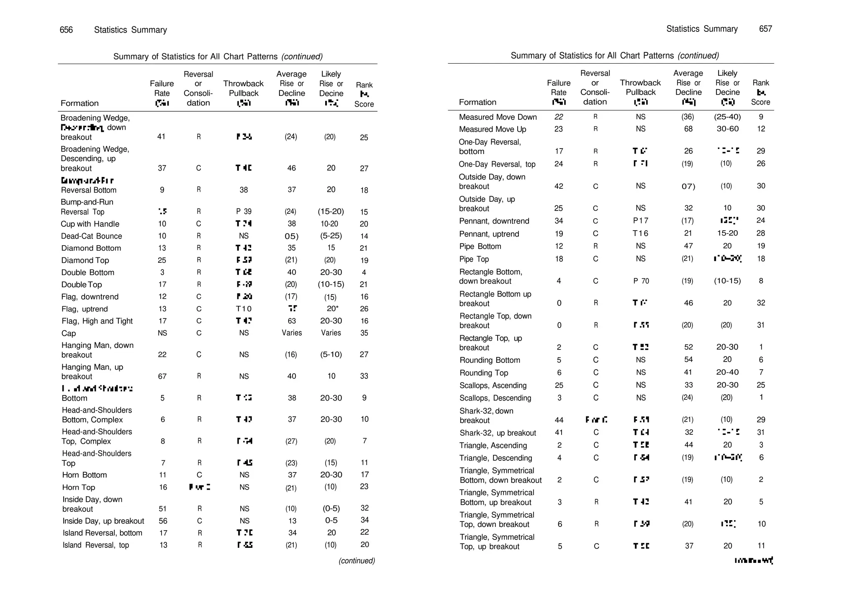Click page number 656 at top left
66,30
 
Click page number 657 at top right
765,29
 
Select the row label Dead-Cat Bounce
92,236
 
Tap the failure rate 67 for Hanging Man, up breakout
162,376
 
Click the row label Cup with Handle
90,224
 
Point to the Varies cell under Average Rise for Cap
292,333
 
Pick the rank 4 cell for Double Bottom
364,272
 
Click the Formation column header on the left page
80,103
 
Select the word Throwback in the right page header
640,83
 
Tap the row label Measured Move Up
493,129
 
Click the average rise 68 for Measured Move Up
688,129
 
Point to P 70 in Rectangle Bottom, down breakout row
641,281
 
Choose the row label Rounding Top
484,373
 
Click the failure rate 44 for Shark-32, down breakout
559,420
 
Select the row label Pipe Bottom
480,247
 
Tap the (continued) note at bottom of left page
357,561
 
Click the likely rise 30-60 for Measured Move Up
727,129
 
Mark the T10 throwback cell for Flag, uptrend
244,309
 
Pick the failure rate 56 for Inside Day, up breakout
163,521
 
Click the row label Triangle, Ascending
493,445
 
